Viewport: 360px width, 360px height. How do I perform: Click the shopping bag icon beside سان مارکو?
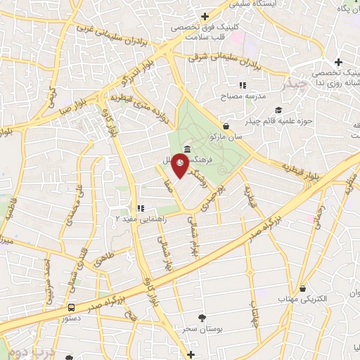point(225,127)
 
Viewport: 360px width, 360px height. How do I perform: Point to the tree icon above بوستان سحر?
point(204,318)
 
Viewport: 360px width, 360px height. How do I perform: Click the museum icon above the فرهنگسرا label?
point(186,148)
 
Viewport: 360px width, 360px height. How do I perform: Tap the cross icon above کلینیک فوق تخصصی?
point(205,16)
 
